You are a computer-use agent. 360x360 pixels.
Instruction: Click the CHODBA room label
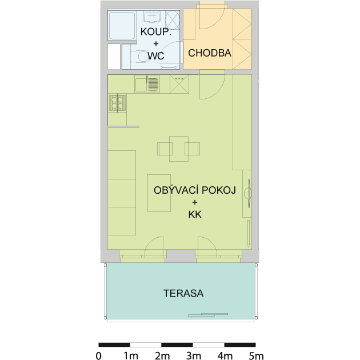pos(209,53)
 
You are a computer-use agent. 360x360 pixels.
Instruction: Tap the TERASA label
pos(183,293)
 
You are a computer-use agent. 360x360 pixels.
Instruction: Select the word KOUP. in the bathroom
pos(156,31)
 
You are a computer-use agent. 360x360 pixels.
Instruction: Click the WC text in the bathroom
pos(156,56)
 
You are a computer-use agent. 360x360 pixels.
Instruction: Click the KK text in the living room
pos(195,215)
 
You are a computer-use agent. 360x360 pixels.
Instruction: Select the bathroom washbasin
pos(151,17)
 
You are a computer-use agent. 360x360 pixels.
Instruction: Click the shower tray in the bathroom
pos(122,26)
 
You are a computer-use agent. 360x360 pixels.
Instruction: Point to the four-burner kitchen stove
pos(118,103)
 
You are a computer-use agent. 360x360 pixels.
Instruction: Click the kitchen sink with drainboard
pos(147,84)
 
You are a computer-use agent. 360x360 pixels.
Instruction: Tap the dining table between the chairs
pos(179,149)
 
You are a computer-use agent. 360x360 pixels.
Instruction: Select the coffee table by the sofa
pos(159,193)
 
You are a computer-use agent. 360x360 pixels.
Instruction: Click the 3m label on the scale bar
pos(194,356)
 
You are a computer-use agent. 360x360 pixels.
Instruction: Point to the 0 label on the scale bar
pos(98,356)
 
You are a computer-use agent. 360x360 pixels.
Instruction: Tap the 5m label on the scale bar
pos(256,356)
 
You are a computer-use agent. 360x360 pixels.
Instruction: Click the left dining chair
pos(165,149)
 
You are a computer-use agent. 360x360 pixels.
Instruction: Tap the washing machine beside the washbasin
pos(173,20)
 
